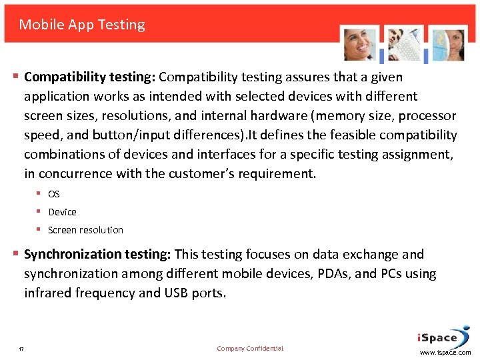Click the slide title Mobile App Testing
coord(82,25)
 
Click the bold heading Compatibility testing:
coord(90,77)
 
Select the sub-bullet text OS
coord(54,194)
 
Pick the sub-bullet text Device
coord(62,212)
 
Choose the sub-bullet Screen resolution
coord(85,230)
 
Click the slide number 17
coord(21,349)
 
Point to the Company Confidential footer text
coord(250,349)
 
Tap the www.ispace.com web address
coord(445,352)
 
